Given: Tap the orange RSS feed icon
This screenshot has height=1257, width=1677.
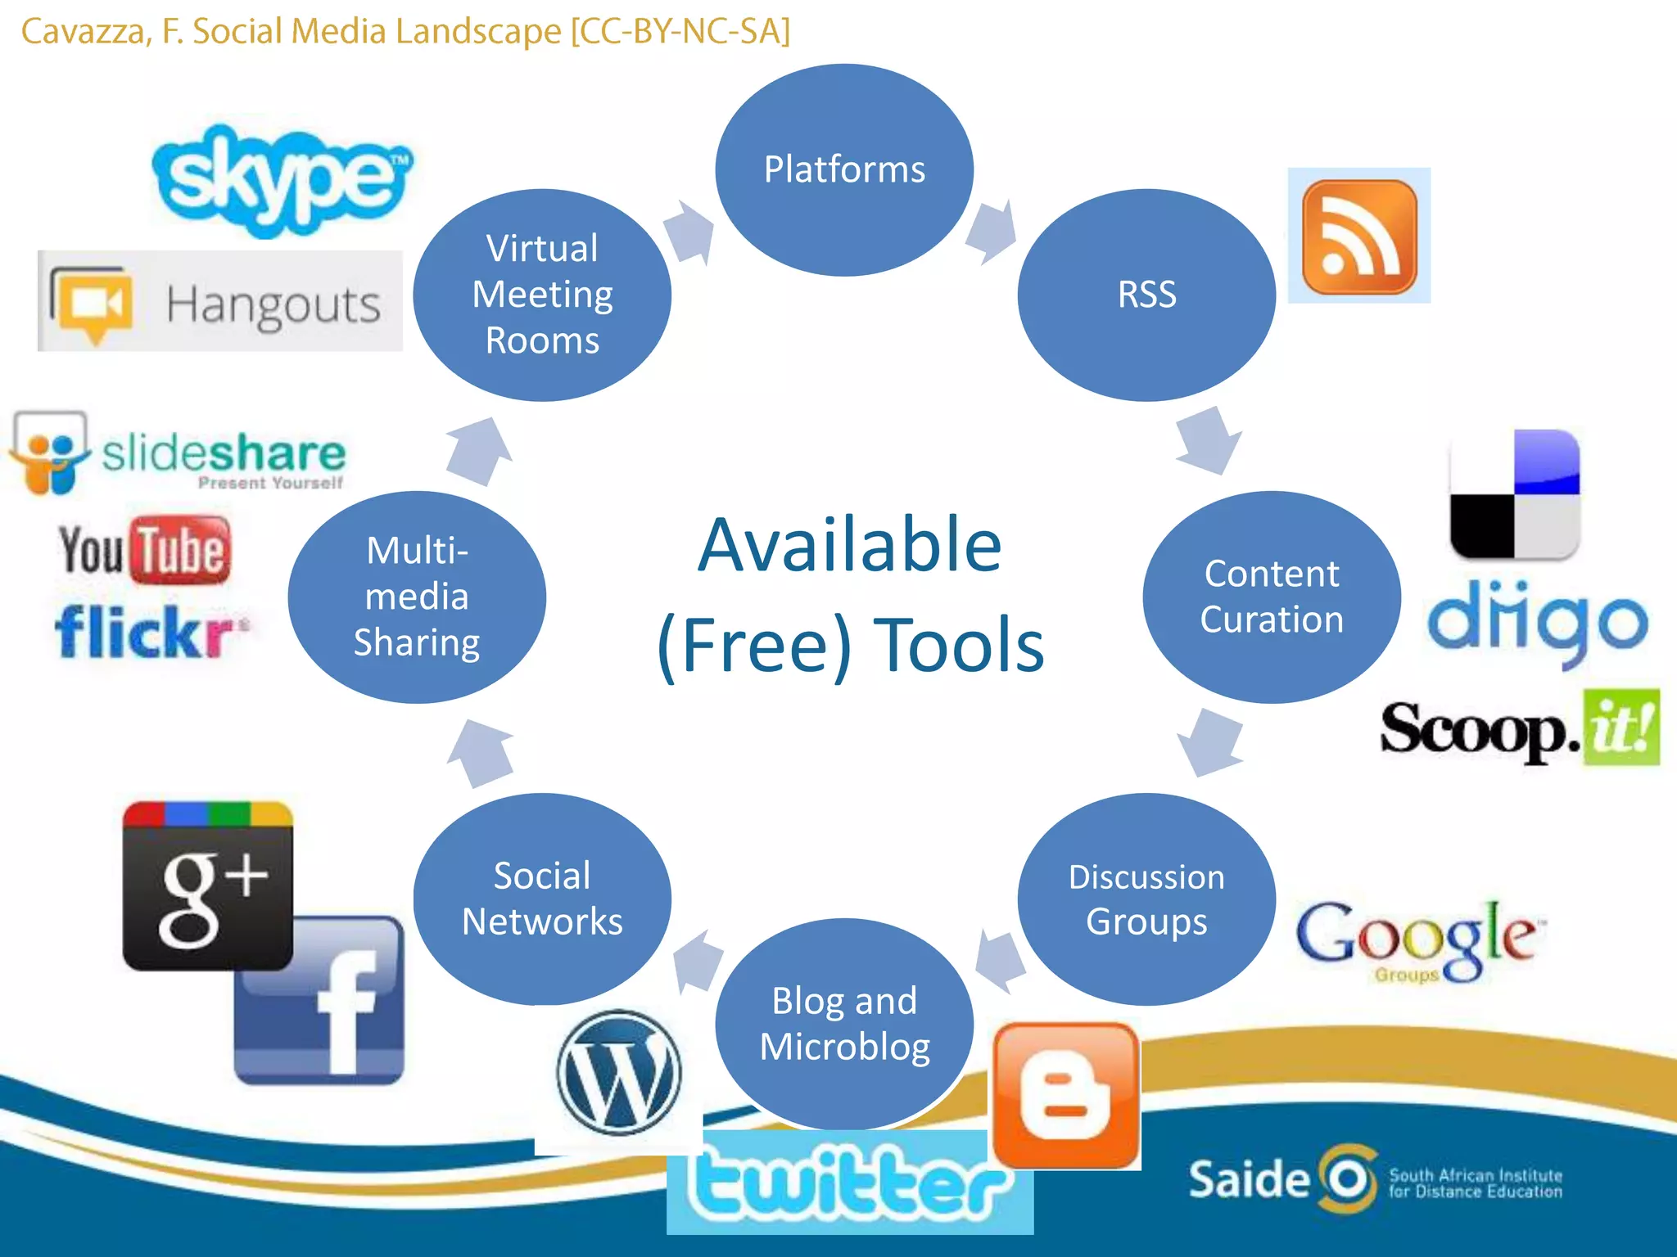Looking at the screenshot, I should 1359,237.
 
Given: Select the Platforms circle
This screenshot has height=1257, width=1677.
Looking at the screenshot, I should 844,170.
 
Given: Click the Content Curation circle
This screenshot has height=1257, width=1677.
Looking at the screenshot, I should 1272,597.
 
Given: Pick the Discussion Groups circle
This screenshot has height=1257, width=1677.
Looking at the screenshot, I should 1146,899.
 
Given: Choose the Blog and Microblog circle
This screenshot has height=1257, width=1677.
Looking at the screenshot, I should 844,1024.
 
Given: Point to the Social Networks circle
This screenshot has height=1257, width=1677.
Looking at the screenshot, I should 542,899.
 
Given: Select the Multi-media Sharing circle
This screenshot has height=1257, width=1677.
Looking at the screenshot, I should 417,597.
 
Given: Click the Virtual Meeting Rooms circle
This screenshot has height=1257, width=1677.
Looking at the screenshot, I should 542,295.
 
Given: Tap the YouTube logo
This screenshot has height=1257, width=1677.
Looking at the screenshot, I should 144,550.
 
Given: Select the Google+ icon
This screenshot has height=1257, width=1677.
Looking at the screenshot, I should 208,886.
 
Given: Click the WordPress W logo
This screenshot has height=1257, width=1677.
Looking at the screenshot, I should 619,1072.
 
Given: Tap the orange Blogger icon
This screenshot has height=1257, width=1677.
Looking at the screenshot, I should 1066,1095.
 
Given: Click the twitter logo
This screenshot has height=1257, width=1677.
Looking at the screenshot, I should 849,1183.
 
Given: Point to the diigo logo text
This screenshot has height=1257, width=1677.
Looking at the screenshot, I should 1537,622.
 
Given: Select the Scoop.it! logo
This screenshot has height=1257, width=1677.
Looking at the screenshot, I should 1520,728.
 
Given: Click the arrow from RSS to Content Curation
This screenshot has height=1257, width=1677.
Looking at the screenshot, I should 1209,440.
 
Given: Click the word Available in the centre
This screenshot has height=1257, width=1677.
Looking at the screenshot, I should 850,546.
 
